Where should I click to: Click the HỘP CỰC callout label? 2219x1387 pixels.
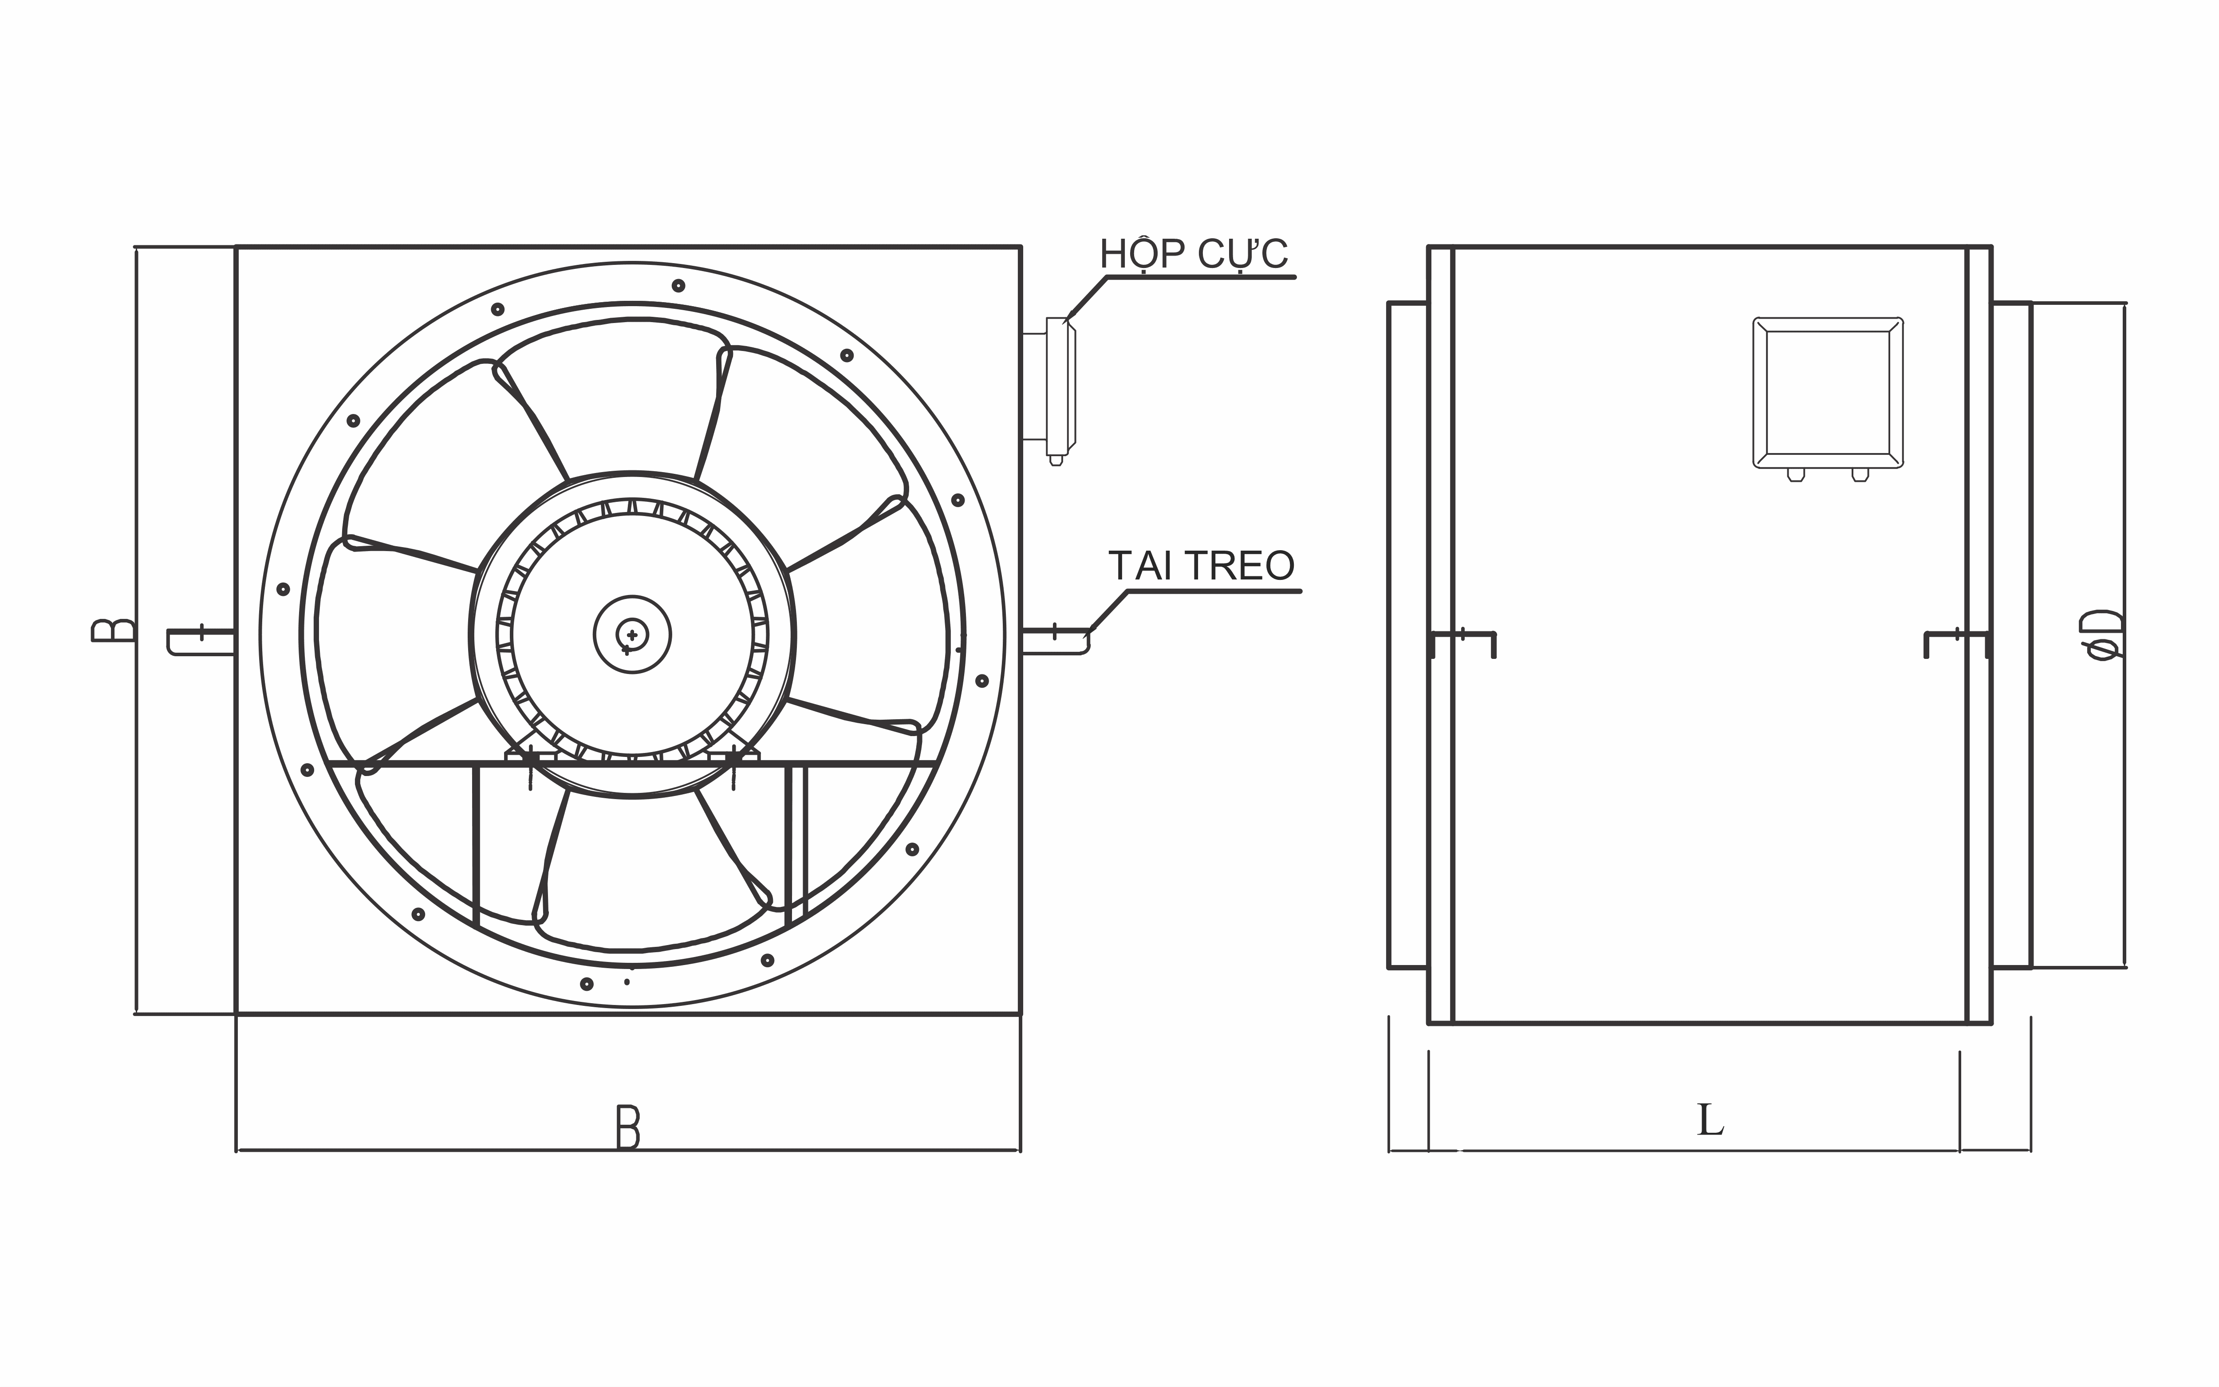[1194, 254]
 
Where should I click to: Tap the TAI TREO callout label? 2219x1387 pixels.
[1201, 566]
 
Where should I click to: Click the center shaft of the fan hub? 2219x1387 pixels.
[632, 634]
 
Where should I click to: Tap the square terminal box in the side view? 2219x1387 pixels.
[1827, 393]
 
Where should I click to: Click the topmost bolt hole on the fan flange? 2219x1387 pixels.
[678, 285]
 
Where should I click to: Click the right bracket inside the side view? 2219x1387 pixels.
[1956, 642]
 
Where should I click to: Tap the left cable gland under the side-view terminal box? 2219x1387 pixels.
[1795, 474]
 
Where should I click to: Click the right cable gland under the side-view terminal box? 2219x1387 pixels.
[1860, 474]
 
